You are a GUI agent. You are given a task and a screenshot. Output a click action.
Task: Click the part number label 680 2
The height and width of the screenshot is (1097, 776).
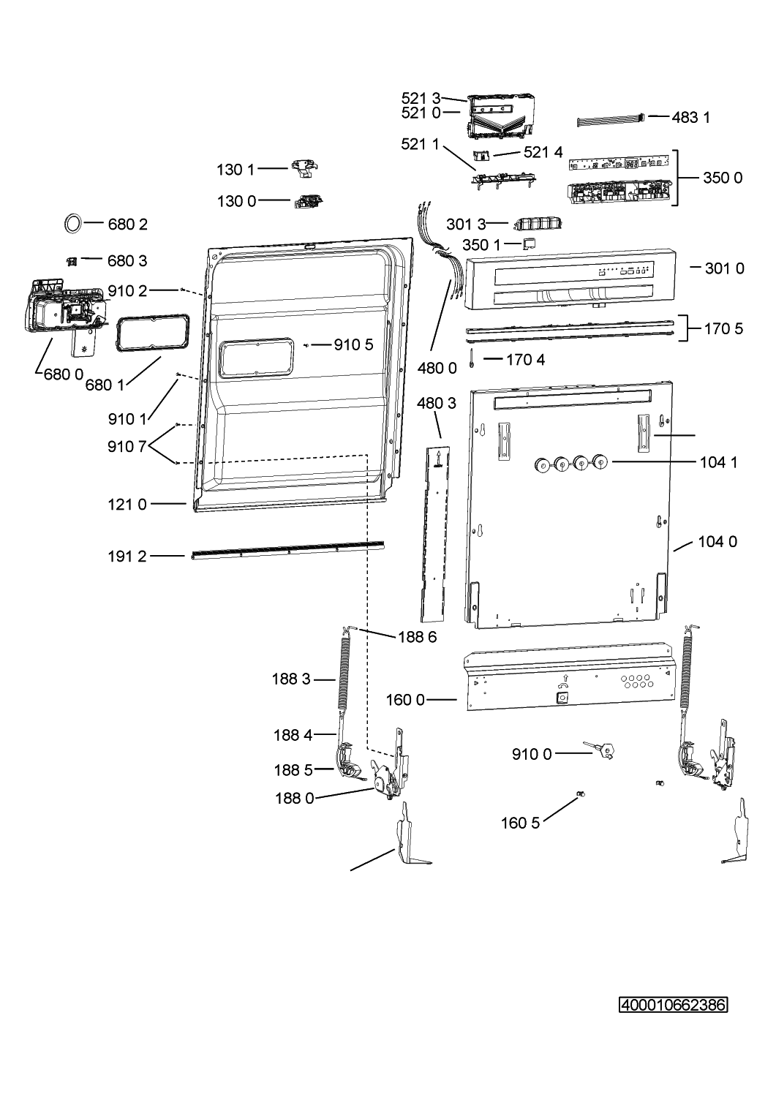(127, 225)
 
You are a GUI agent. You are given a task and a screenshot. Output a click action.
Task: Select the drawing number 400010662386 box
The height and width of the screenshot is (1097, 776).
(673, 1006)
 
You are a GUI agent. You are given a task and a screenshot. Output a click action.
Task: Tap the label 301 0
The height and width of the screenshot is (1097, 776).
(724, 268)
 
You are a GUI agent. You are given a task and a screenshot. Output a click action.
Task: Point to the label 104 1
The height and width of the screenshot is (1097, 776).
(719, 461)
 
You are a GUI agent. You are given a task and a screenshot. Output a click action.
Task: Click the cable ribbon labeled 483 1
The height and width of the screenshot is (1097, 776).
(611, 121)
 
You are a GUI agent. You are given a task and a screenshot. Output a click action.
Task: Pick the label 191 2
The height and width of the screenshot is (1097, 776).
(127, 557)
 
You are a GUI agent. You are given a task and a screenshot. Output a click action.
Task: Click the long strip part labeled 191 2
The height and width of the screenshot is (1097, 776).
(287, 550)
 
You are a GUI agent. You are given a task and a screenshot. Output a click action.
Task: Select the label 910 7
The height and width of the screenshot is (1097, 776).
(127, 447)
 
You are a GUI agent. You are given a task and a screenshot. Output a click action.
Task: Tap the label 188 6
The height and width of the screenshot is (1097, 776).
(417, 637)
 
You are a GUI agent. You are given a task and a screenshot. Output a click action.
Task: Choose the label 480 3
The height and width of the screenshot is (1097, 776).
(437, 404)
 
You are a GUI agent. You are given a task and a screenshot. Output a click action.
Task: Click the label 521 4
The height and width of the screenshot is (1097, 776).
(543, 152)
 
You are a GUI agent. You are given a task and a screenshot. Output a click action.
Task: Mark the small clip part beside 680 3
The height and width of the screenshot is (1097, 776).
(72, 262)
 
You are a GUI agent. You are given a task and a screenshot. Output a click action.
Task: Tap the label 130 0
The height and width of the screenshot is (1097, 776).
(237, 201)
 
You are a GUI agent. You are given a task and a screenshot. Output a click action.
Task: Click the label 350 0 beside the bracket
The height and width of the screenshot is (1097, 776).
(723, 178)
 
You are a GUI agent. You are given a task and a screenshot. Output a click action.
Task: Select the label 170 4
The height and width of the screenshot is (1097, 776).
(525, 360)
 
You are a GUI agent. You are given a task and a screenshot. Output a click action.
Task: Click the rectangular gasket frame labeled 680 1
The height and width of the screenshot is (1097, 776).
(117, 333)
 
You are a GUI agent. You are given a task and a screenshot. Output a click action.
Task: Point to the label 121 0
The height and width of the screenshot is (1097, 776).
(127, 505)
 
